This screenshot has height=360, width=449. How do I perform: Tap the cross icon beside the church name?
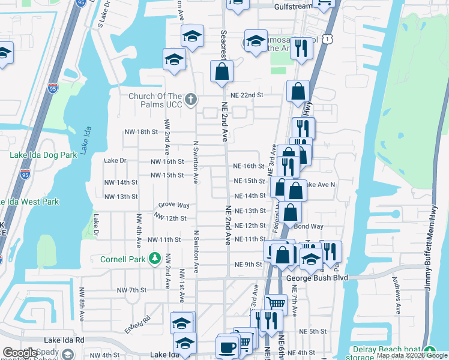click(191, 99)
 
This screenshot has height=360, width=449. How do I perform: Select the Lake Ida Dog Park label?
click(43, 155)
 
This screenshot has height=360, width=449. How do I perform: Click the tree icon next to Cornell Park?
click(155, 259)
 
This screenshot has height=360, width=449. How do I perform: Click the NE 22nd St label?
click(248, 95)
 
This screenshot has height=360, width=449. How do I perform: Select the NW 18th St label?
click(140, 131)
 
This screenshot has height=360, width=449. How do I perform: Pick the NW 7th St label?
click(131, 290)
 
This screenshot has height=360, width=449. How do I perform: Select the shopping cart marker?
click(276, 303)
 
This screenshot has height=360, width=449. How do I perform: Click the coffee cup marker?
click(228, 346)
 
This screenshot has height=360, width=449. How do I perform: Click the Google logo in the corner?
click(20, 353)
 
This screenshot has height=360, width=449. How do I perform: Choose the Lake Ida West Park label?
click(29, 202)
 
